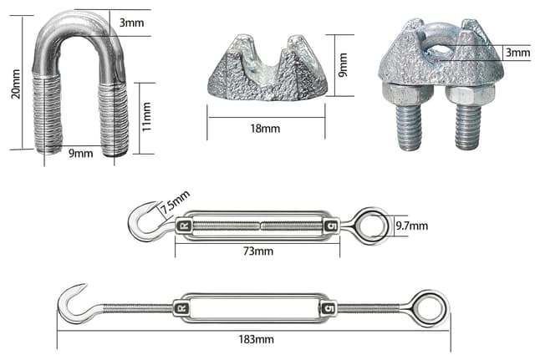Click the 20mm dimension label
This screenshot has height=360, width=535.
pyautogui.click(x=16, y=84)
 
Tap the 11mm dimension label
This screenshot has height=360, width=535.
pyautogui.click(x=146, y=117)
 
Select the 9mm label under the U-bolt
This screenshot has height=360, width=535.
pyautogui.click(x=81, y=154)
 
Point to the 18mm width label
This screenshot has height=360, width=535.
pyautogui.click(x=265, y=129)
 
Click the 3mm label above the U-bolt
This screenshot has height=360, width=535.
pyautogui.click(x=131, y=23)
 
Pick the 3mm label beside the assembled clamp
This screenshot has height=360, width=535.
pyautogui.click(x=518, y=53)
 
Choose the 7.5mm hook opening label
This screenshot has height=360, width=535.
pyautogui.click(x=175, y=202)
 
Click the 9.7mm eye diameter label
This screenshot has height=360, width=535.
pyautogui.click(x=412, y=226)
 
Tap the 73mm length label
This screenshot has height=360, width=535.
pyautogui.click(x=258, y=251)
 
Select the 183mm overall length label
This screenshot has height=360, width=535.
pyautogui.click(x=256, y=340)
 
